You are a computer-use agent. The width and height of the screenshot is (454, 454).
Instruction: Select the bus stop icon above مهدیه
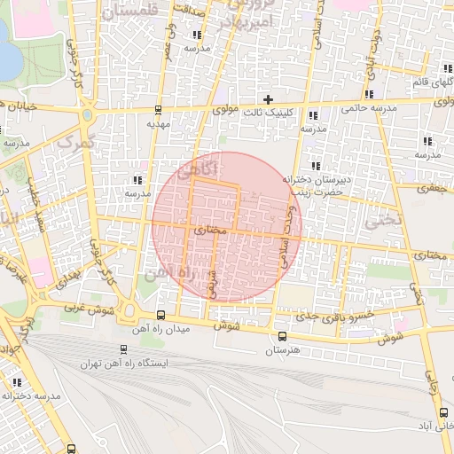pos(158,111)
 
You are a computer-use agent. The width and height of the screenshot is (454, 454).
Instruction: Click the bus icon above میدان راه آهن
pos(160,315)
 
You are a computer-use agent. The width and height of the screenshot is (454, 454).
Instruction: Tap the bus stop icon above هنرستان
pos(282,336)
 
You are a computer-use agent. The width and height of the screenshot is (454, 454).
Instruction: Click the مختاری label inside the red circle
pos(211,230)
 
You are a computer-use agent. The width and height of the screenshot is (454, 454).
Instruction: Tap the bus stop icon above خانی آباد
pos(443,412)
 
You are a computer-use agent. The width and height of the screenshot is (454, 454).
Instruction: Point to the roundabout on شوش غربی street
pos(129,311)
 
